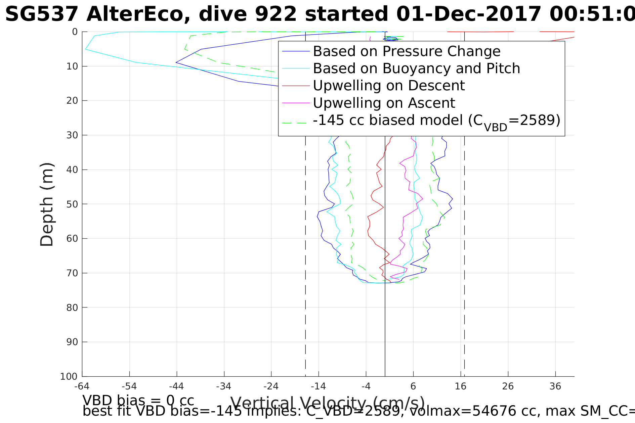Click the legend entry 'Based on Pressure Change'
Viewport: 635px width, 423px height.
pos(407,51)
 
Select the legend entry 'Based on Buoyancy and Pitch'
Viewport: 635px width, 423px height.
pos(416,68)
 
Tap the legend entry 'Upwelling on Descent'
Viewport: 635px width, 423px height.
pos(389,86)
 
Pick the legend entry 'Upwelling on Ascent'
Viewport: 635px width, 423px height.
pos(384,103)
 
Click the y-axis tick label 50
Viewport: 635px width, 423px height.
pos(72,204)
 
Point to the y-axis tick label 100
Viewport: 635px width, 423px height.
pos(69,376)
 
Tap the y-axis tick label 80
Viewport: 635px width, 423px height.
pos(72,308)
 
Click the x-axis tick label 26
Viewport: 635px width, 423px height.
pos(508,386)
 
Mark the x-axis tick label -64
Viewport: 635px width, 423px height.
pos(82,386)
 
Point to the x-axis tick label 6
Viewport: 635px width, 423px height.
pos(413,386)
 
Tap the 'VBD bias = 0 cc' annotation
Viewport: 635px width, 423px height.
pos(138,401)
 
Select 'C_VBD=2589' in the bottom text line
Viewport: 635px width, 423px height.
pos(353,411)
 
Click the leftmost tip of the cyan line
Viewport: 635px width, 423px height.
pos(86,49)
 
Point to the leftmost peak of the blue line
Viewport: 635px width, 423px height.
pos(176,62)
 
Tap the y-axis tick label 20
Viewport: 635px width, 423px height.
pos(72,101)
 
